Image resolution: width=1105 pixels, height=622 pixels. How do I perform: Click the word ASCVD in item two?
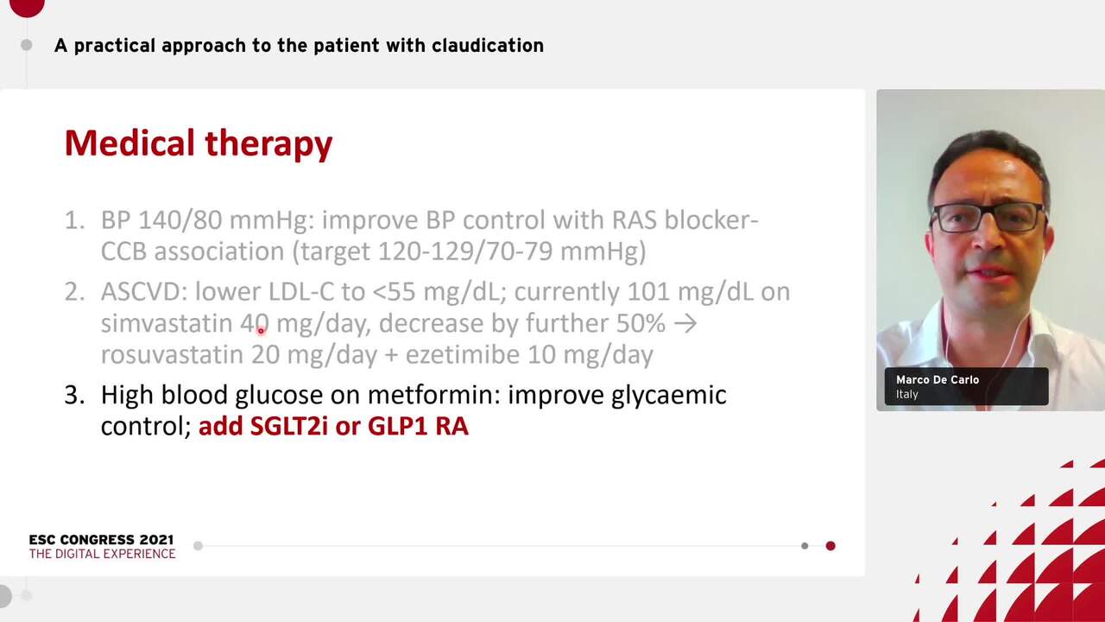pos(143,292)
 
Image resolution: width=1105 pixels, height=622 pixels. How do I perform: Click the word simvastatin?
pos(166,324)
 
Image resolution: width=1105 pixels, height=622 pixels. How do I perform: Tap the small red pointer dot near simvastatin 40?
pos(261,331)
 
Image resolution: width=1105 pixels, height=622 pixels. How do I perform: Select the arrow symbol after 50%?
pos(685,324)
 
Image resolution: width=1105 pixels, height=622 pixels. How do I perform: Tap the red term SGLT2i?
pos(288,426)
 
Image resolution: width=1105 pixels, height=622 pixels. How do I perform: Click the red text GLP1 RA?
pos(418,426)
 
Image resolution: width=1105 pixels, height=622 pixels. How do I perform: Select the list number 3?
pos(74,395)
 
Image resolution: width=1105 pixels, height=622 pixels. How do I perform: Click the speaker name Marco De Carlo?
pos(937,380)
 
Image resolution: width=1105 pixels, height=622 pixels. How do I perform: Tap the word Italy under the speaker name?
pos(906,395)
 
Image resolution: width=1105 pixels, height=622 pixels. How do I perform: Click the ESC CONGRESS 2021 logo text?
pos(101,540)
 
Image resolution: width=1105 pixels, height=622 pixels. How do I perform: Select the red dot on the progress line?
pos(830,546)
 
